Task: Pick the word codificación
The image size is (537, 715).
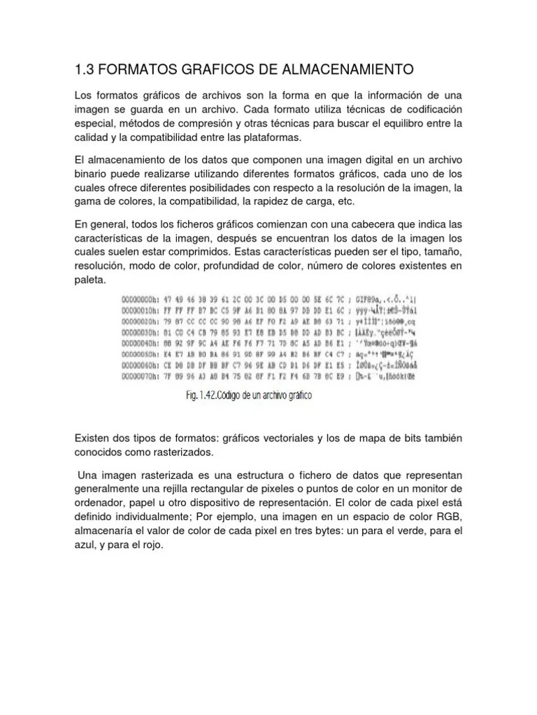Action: click(428, 110)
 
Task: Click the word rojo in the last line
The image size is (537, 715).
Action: click(150, 545)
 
